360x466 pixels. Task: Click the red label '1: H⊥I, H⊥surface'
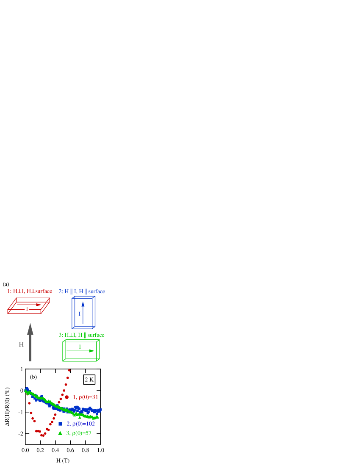click(30, 291)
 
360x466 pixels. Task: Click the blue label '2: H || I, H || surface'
click(82, 291)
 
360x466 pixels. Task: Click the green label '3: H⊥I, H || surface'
click(81, 335)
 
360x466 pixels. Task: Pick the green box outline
click(63, 351)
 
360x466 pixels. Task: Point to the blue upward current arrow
click(83, 311)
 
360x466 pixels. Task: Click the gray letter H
click(21, 345)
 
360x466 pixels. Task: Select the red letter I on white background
click(27, 309)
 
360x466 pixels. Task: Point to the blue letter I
click(79, 314)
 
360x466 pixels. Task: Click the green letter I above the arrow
click(80, 347)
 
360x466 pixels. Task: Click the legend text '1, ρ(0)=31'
click(86, 397)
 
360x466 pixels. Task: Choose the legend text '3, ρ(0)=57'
click(79, 433)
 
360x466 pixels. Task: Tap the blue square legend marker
click(60, 424)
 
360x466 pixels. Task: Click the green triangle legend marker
click(60, 433)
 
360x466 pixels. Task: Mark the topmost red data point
click(69, 370)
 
